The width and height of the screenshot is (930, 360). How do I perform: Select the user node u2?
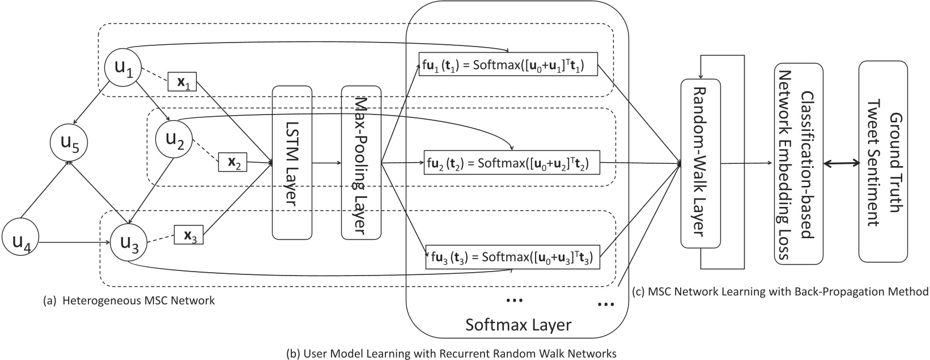coord(174,138)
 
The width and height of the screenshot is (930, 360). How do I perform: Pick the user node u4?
coord(22,243)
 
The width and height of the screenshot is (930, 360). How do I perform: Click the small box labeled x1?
coord(183,82)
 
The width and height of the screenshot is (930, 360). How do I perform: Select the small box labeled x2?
coord(232,163)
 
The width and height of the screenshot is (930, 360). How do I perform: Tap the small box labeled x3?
coord(189,235)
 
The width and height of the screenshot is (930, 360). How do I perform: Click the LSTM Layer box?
coord(292,163)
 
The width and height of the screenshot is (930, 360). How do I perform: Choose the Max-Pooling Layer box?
coord(360,163)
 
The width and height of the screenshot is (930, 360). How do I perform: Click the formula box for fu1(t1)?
coord(508,67)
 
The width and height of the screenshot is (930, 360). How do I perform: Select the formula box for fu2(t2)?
coord(512,164)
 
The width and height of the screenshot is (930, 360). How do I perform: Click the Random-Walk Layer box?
coord(700,163)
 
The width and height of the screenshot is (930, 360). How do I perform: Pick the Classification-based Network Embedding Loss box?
coord(797,163)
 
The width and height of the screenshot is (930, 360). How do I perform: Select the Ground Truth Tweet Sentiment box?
coord(883,163)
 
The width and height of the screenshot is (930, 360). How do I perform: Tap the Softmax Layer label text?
coord(518,325)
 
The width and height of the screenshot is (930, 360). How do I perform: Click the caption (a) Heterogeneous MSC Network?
coord(129,301)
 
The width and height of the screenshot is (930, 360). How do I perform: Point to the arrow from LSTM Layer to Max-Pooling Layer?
coord(326,163)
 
